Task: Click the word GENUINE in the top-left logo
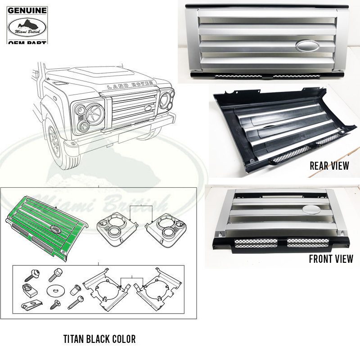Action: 27,10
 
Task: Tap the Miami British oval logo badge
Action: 27,27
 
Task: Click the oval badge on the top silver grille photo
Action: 308,46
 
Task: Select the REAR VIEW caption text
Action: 329,166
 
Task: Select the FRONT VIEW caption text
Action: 331,259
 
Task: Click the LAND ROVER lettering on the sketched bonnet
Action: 130,85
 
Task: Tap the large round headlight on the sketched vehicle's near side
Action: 95,114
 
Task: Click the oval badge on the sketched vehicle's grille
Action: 148,108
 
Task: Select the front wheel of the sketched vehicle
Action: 56,142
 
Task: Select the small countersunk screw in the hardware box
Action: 55,305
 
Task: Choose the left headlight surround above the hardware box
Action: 117,229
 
